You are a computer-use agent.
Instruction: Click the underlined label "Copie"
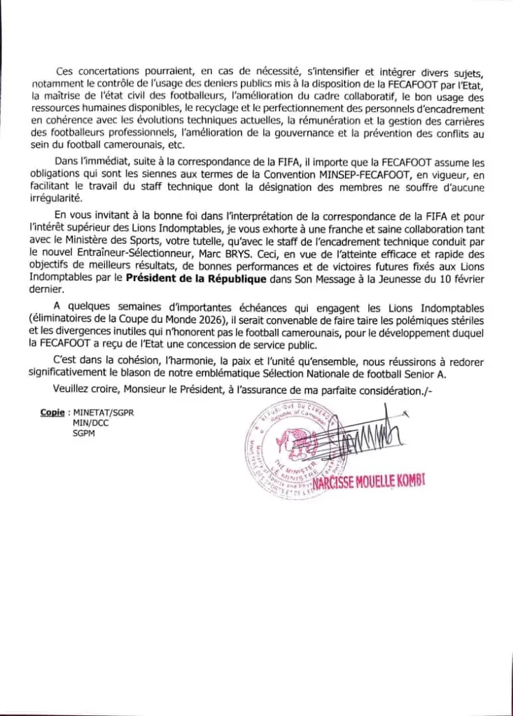tap(52, 413)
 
